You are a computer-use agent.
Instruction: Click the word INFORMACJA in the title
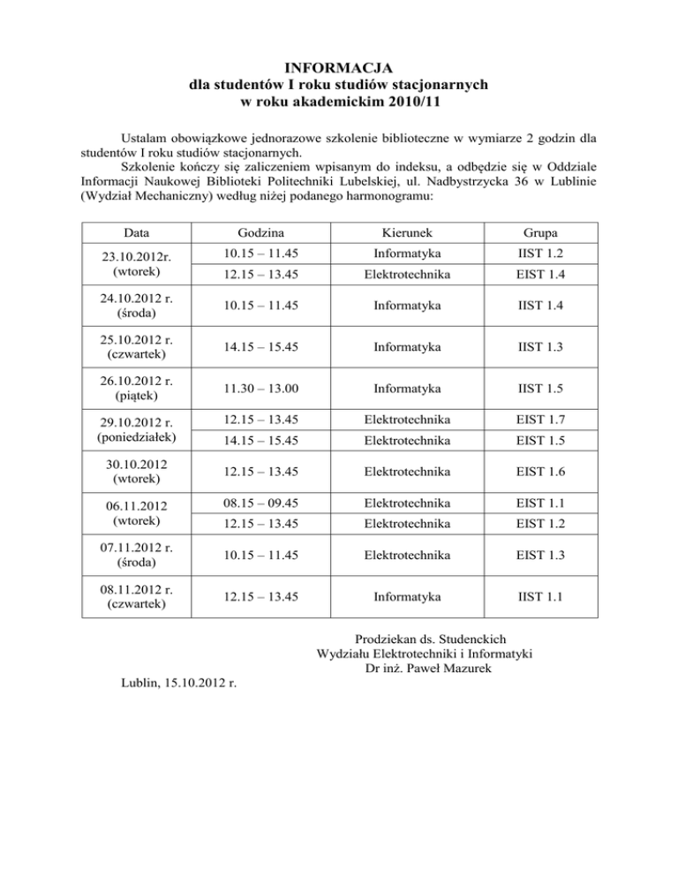click(339, 68)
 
